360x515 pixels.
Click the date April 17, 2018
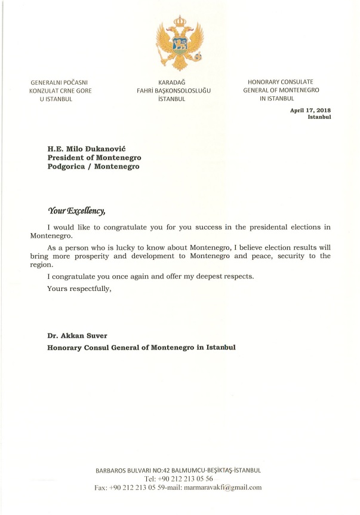click(310, 110)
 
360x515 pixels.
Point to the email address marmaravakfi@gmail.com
click(223, 488)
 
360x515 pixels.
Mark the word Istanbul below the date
click(319, 117)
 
